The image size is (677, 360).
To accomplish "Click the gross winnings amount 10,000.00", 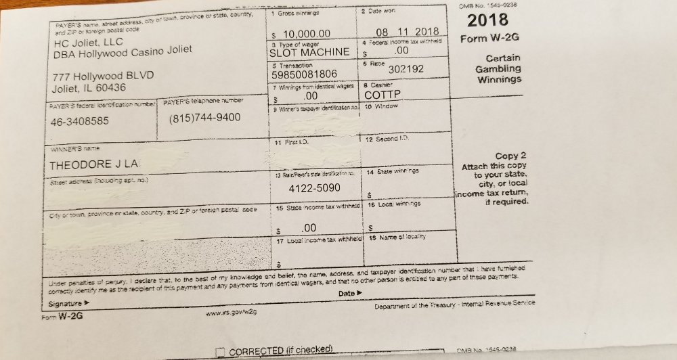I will pyautogui.click(x=307, y=34).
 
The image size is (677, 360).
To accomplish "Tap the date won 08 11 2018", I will pyautogui.click(x=406, y=32).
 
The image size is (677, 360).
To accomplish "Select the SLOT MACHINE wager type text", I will pyautogui.click(x=309, y=52).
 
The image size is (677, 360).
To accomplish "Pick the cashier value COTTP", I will pyautogui.click(x=383, y=95).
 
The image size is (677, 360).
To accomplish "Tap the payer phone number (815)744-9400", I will pyautogui.click(x=204, y=117).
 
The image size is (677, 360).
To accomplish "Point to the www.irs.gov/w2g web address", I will pyautogui.click(x=230, y=312).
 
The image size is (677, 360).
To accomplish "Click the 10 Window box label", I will pyautogui.click(x=381, y=107).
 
